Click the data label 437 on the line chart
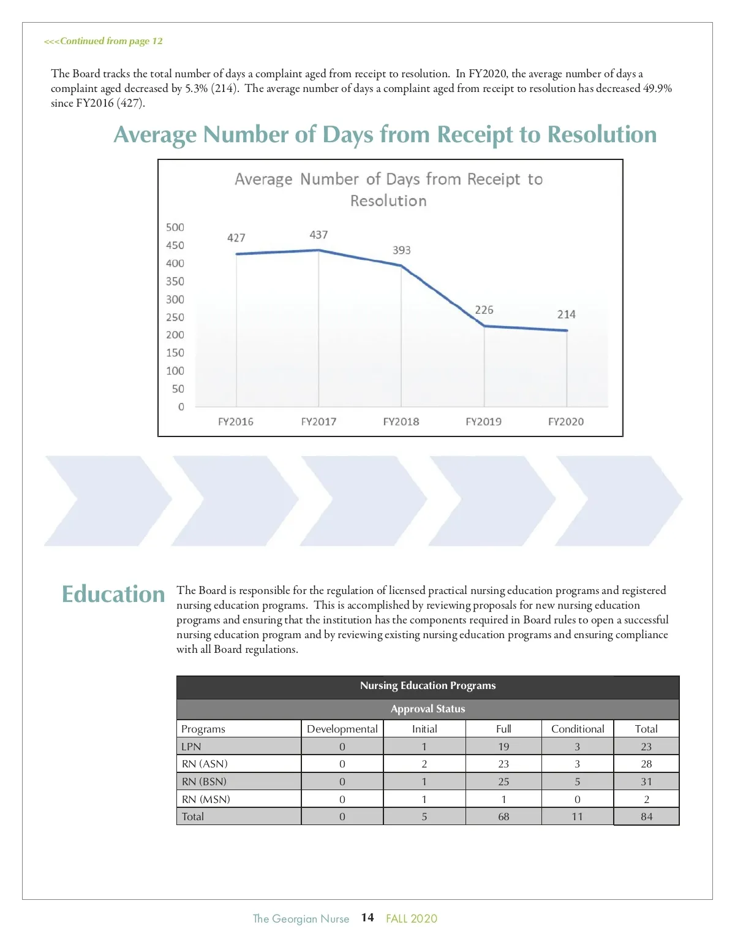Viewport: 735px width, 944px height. click(318, 235)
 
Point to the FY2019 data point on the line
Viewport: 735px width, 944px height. click(484, 325)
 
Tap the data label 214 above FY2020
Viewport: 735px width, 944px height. click(566, 314)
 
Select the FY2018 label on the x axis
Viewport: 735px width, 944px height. click(401, 422)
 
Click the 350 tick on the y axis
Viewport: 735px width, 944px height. click(175, 281)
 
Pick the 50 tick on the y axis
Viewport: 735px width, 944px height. click(178, 389)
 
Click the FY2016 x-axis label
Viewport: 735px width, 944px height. click(236, 422)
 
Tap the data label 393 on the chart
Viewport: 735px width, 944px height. click(402, 250)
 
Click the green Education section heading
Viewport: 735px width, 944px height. click(113, 594)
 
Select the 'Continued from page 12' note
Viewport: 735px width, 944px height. click(104, 41)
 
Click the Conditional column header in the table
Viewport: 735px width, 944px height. click(578, 729)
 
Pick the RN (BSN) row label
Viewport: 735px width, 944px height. click(204, 782)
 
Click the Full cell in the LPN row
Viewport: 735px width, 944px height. click(503, 747)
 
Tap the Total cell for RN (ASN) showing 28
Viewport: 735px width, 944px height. click(646, 764)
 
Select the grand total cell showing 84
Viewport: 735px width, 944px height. click(646, 816)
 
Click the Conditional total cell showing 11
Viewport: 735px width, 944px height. click(577, 816)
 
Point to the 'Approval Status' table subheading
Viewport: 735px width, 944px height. click(428, 709)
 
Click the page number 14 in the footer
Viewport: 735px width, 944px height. click(367, 918)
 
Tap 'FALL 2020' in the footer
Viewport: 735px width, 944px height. click(412, 918)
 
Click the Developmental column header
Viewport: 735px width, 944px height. click(342, 729)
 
